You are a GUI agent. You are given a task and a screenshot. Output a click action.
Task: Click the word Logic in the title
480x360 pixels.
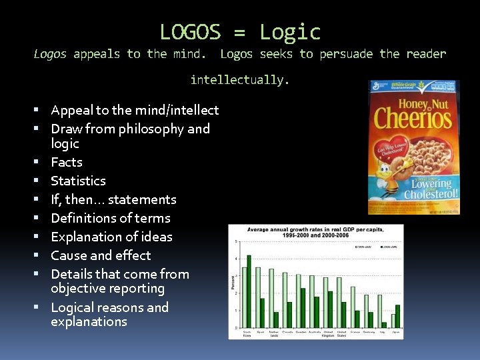pyautogui.click(x=290, y=32)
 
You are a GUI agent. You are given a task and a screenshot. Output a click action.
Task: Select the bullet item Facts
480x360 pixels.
pyautogui.click(x=67, y=162)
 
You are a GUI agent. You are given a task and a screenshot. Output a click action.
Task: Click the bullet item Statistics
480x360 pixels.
pyautogui.click(x=78, y=181)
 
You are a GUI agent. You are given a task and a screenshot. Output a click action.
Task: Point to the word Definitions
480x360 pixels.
pyautogui.click(x=82, y=218)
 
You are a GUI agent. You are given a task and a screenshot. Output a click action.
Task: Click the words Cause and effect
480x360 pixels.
pyautogui.click(x=101, y=255)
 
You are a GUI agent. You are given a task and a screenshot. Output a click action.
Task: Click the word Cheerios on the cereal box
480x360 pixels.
pyautogui.click(x=413, y=118)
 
